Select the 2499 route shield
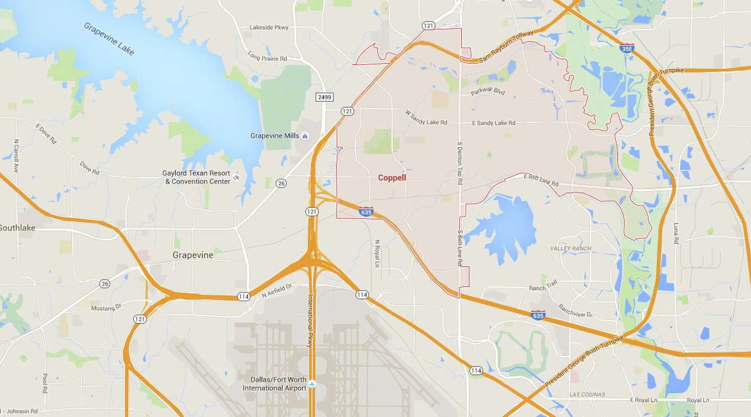point(324,97)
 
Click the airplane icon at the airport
point(312,383)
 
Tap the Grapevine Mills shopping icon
point(305,136)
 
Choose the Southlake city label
point(17,228)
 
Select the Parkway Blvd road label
point(488,94)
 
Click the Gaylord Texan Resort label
point(198,177)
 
